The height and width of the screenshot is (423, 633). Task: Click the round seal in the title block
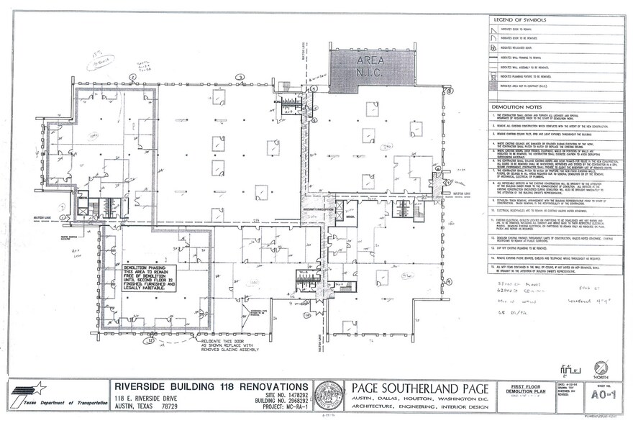click(330, 396)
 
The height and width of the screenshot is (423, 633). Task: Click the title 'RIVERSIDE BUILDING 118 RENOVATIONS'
click(214, 388)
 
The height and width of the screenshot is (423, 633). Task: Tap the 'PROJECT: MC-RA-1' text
click(282, 406)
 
